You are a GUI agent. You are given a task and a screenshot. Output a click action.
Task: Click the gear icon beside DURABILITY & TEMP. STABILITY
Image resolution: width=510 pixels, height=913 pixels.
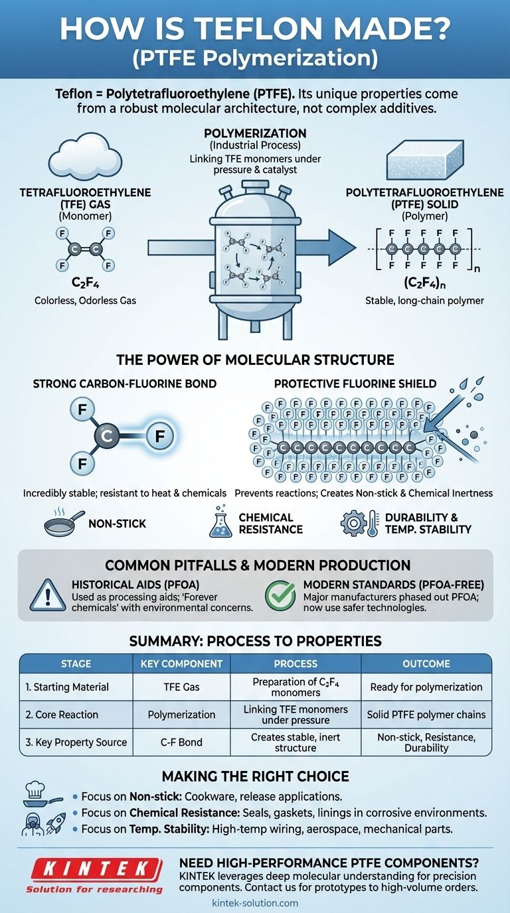(x=353, y=524)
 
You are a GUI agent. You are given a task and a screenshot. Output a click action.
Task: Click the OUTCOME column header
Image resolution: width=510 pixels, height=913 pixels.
(x=426, y=664)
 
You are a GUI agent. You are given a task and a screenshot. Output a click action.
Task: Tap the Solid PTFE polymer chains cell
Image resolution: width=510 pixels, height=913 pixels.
(x=426, y=715)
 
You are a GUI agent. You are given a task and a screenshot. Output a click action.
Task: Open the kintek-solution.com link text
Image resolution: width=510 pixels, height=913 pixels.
(x=255, y=903)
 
